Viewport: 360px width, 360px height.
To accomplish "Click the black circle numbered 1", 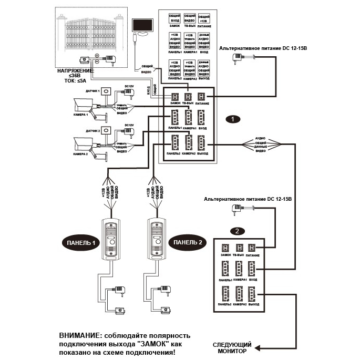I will [233, 120].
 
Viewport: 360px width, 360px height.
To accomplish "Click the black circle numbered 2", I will [238, 231].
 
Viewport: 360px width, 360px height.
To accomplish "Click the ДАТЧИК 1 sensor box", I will [107, 91].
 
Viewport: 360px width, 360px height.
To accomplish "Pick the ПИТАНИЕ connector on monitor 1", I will [202, 96].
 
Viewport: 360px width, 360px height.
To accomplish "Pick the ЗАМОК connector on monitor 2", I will [226, 248].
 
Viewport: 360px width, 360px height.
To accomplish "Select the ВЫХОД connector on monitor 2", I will [254, 296].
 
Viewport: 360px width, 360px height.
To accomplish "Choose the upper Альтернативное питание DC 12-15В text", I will [263, 48].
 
